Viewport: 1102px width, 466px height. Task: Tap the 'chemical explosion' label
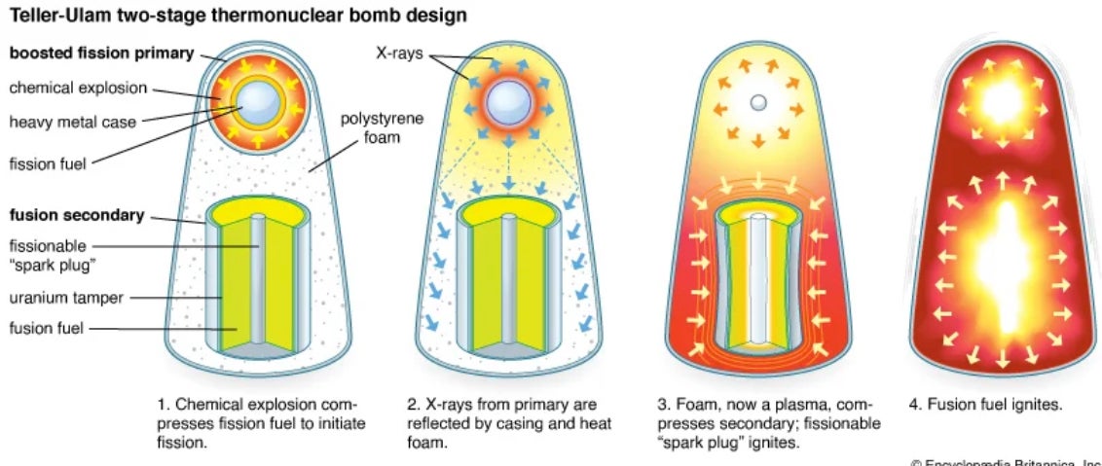coord(78,88)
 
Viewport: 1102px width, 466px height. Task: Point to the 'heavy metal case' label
coord(73,123)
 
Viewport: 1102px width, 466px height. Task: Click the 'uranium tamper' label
coord(66,299)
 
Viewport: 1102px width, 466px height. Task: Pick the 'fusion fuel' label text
coord(48,328)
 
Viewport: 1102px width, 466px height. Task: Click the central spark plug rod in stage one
coord(257,282)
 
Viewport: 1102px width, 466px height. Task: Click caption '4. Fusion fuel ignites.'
coord(983,403)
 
